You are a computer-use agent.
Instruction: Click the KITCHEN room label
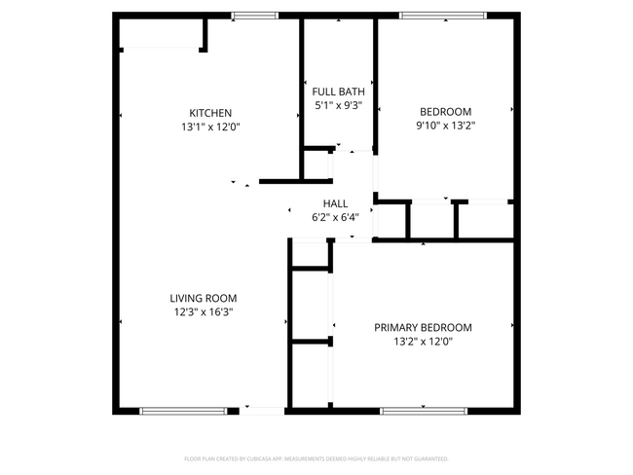pyautogui.click(x=210, y=113)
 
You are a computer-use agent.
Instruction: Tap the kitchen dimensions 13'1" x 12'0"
pyautogui.click(x=210, y=127)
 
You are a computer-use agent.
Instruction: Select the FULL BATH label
pyautogui.click(x=338, y=91)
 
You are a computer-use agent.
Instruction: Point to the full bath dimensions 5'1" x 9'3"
pyautogui.click(x=338, y=105)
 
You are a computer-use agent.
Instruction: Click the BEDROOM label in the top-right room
pyautogui.click(x=445, y=112)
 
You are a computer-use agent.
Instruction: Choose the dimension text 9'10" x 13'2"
pyautogui.click(x=445, y=126)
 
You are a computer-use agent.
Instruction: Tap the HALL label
pyautogui.click(x=335, y=203)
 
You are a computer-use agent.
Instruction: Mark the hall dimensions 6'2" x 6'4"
pyautogui.click(x=335, y=217)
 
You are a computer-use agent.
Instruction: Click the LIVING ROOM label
pyautogui.click(x=204, y=298)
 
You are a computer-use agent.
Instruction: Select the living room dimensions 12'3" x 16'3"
pyautogui.click(x=204, y=311)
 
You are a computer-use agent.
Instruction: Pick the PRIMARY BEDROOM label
pyautogui.click(x=423, y=327)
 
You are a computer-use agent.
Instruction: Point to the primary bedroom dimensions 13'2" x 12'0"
pyautogui.click(x=423, y=341)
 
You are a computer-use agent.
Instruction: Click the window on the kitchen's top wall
pyautogui.click(x=254, y=16)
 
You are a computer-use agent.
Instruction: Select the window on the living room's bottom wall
pyautogui.click(x=185, y=411)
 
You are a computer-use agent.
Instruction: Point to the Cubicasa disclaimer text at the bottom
pyautogui.click(x=316, y=457)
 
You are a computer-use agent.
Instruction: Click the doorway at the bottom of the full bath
pyautogui.click(x=338, y=151)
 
